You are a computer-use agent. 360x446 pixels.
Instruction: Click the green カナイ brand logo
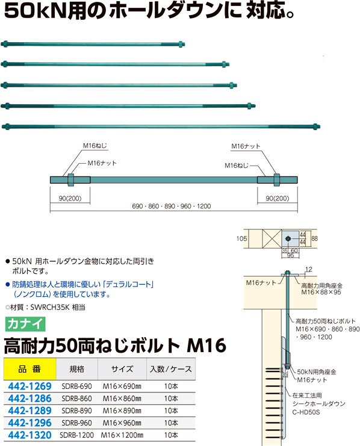tap(25, 324)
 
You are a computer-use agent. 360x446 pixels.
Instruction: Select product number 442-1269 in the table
tap(29, 386)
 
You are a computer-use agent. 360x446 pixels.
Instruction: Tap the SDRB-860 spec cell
tap(76, 398)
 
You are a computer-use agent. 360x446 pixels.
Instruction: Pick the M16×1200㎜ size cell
tap(122, 435)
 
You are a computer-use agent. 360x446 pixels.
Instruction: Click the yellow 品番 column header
tap(29, 369)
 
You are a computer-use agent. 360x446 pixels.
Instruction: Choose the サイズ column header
tap(122, 369)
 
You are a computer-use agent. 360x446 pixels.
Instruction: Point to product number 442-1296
tap(29, 423)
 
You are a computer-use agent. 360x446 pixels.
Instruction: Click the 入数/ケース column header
tap(171, 369)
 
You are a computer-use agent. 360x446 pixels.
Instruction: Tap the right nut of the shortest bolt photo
tap(181, 44)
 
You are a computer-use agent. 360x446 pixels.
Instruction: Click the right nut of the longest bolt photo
tap(315, 126)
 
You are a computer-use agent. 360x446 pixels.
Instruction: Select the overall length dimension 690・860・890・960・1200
tap(172, 206)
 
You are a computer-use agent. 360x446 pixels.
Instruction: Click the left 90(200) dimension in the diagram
tap(70, 198)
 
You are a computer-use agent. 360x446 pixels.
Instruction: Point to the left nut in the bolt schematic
tap(71, 180)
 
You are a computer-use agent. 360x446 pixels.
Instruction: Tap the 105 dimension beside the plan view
tap(241, 238)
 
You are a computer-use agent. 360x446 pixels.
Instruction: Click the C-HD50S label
tap(306, 412)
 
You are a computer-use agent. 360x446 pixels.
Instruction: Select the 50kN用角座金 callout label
tap(317, 372)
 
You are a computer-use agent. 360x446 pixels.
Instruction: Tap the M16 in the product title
tap(206, 346)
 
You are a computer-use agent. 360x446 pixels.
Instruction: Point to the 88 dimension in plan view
tap(314, 238)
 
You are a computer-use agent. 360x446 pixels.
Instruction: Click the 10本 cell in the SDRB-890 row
tap(171, 410)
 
